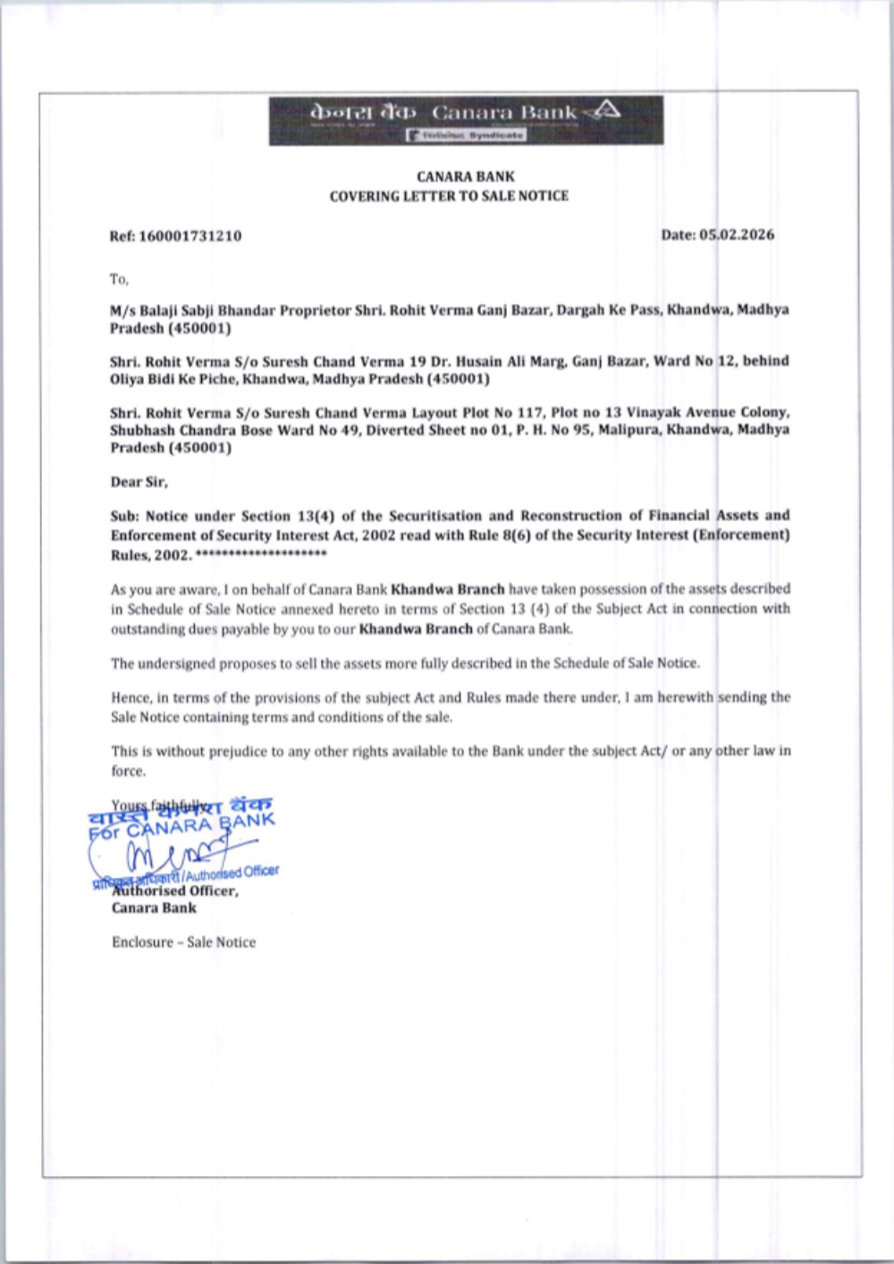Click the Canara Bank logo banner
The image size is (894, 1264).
coord(466,120)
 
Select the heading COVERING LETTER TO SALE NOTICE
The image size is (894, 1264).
coord(449,196)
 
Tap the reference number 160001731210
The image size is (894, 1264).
coord(190,236)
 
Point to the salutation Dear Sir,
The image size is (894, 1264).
coord(139,482)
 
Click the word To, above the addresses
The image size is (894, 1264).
coord(119,279)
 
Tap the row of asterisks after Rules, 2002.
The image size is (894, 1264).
coord(261,555)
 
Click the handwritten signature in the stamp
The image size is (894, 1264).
coord(179,849)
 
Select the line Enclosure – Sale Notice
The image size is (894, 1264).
coord(183,942)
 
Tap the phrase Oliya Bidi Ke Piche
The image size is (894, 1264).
coord(173,379)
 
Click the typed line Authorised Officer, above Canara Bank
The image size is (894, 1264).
coord(175,890)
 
